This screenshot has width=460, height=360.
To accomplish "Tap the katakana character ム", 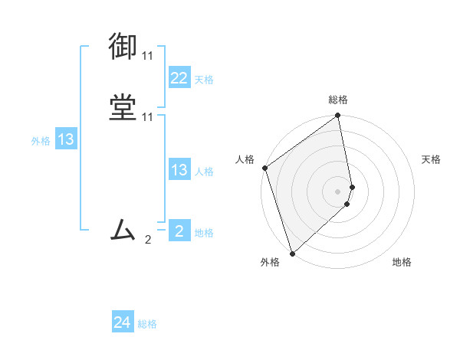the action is click(x=123, y=229).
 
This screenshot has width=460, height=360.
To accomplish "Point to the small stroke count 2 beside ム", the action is click(x=148, y=239).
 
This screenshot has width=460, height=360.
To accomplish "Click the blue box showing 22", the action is click(x=179, y=78).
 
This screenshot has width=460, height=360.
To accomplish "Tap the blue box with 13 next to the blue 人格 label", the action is click(x=179, y=170).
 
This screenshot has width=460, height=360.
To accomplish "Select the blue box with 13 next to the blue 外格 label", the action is click(x=65, y=139).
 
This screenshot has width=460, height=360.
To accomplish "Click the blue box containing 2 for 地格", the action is click(x=179, y=231).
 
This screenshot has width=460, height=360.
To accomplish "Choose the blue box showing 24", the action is click(x=123, y=323).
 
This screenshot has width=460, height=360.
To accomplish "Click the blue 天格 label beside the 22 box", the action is click(x=204, y=80).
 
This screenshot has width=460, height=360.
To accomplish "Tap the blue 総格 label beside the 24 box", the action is click(x=147, y=325).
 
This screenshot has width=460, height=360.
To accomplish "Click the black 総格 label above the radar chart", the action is click(x=338, y=100).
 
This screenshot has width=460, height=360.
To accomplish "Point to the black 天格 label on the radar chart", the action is click(x=431, y=159).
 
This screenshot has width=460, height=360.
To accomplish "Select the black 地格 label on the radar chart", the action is click(x=402, y=263).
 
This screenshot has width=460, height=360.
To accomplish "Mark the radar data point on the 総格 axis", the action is click(x=338, y=116).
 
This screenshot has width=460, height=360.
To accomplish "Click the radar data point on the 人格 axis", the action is click(x=264, y=168).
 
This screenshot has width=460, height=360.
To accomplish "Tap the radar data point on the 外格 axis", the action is click(x=292, y=253).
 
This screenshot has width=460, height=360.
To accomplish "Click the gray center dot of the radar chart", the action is click(x=338, y=191).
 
